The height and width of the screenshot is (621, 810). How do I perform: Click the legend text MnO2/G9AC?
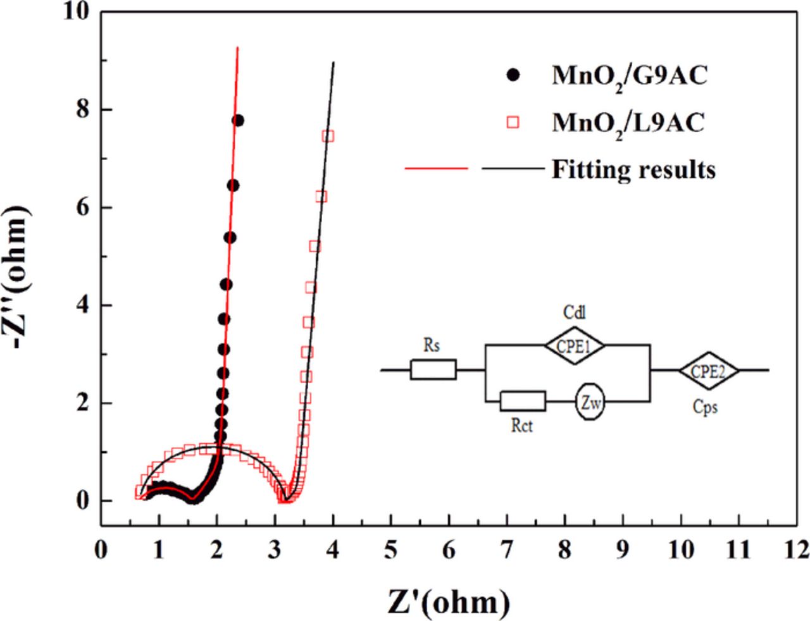point(629,77)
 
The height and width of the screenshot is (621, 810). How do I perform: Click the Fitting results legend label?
point(633,169)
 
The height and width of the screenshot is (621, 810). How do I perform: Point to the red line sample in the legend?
point(436,169)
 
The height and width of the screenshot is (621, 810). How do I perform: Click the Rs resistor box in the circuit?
point(433,369)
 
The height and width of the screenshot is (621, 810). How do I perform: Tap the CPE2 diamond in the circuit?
point(709,370)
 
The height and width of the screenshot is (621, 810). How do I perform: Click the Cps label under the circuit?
point(705,408)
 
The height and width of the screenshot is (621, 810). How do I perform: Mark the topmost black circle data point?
point(239,120)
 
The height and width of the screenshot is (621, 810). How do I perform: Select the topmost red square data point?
point(328,136)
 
